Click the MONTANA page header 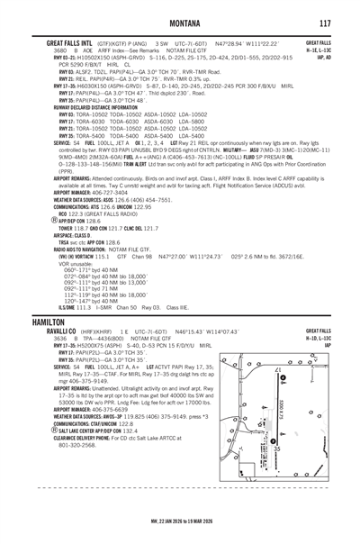[x=179, y=10]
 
